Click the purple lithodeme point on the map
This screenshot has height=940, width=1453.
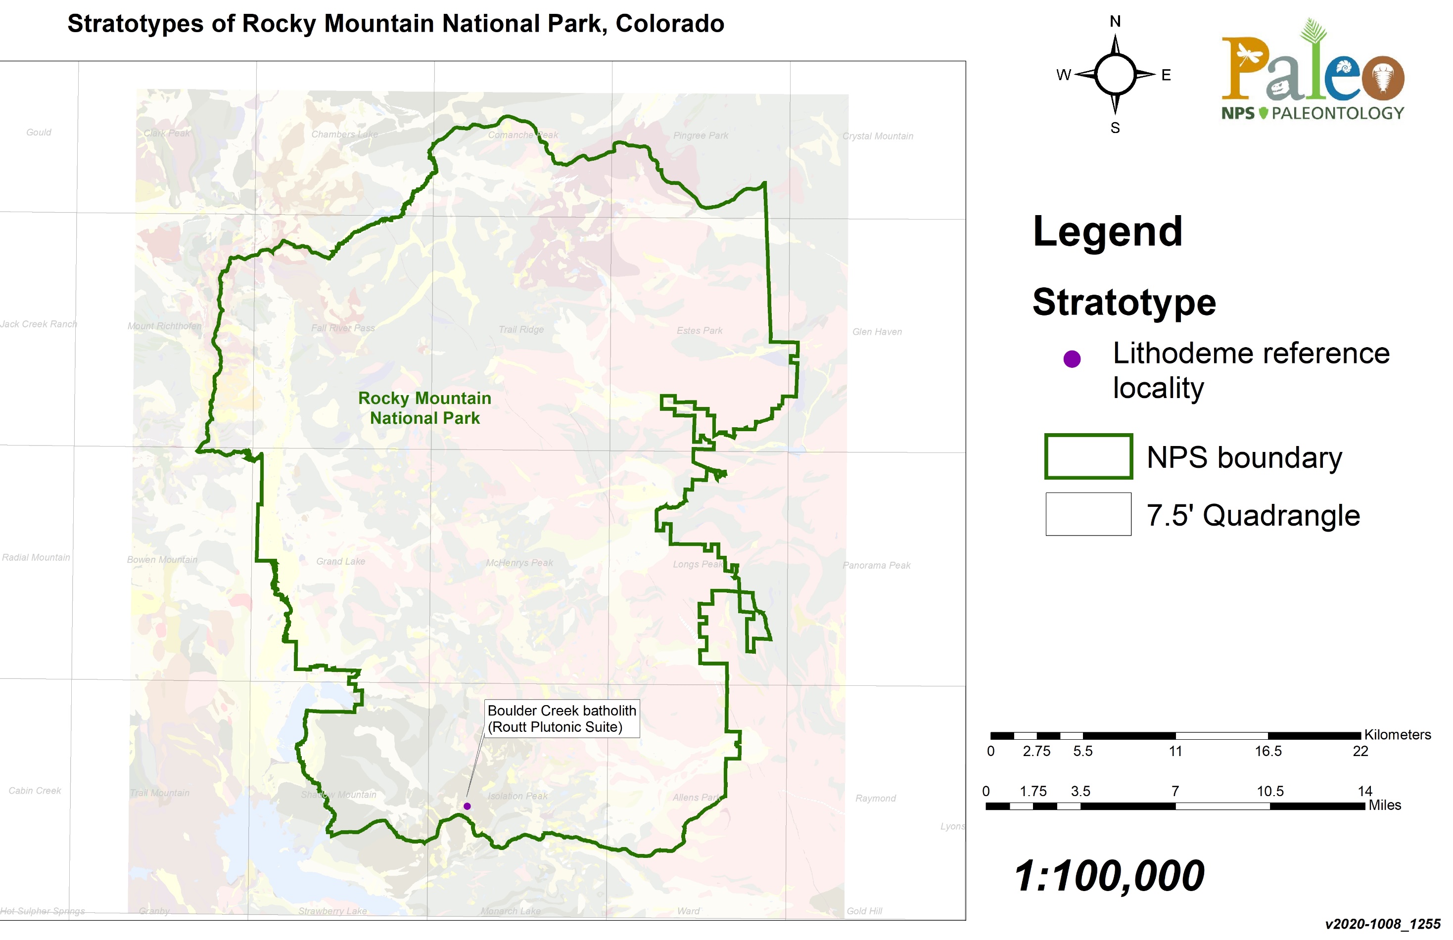[x=467, y=806]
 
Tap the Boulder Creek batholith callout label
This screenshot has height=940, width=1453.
[x=562, y=718]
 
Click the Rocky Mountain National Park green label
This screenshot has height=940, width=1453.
[x=425, y=408]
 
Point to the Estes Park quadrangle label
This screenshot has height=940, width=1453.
[x=699, y=330]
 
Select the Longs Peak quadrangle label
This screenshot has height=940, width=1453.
[x=697, y=564]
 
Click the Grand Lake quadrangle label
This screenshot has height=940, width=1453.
[x=341, y=561]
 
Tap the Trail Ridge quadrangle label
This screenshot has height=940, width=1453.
[x=521, y=329]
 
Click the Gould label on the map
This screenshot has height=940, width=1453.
[x=39, y=132]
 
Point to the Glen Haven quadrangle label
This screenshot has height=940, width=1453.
[x=877, y=331]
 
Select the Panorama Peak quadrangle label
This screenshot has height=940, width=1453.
[x=876, y=565]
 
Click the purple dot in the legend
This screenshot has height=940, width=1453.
[x=1072, y=359]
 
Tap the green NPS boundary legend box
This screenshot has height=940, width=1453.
[x=1088, y=456]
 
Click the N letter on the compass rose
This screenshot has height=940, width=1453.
[x=1115, y=21]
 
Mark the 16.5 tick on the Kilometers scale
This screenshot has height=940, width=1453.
[x=1267, y=751]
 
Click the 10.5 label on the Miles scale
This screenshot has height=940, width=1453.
[x=1270, y=791]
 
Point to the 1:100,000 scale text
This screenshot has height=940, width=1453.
[x=1109, y=876]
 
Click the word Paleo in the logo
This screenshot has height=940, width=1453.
[x=1312, y=70]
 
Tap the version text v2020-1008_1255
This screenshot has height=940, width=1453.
[x=1382, y=924]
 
